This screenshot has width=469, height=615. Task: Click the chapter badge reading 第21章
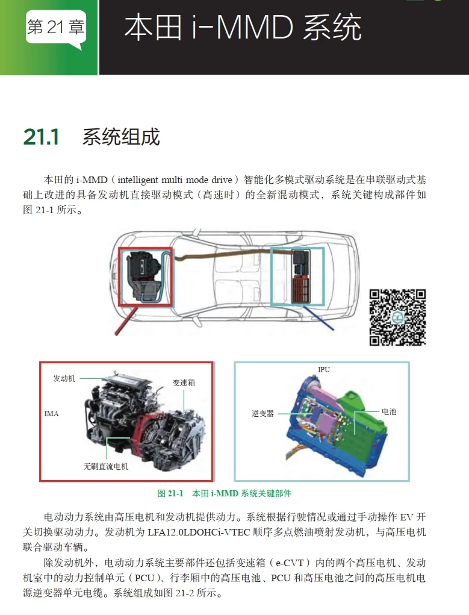[55, 27]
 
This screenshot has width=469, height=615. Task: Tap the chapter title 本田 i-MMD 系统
[243, 28]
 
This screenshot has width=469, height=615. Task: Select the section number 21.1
[41, 137]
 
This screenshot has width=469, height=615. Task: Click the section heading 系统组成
[121, 137]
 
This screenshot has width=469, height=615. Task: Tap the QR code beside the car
[397, 317]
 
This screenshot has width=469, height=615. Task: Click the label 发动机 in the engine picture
[64, 378]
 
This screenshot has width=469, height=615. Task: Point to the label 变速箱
[184, 382]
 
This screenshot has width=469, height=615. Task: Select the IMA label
[52, 414]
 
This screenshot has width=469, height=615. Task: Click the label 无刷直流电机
[106, 466]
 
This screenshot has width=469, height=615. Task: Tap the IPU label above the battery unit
[324, 369]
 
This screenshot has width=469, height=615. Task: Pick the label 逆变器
[262, 413]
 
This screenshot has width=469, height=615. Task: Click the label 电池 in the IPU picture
[389, 411]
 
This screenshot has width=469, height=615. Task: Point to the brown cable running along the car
[223, 254]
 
